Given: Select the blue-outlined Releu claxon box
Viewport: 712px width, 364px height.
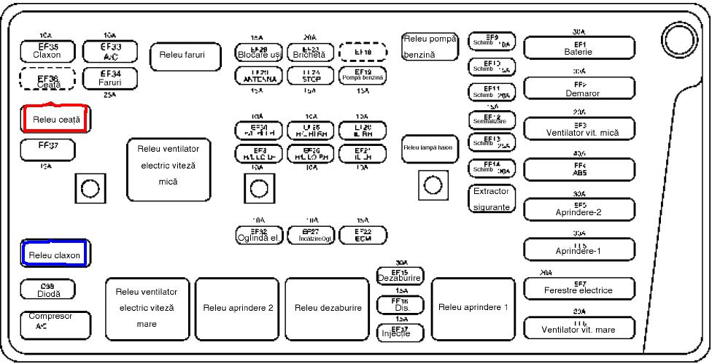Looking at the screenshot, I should coord(55,254).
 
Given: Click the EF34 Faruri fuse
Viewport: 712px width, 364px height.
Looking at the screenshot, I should coord(110,78).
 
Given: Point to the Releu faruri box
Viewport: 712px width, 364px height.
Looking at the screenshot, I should coord(185,56).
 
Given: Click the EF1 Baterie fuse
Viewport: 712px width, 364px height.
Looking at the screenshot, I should coord(579,48).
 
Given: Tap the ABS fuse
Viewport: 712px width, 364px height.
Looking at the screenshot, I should coord(579,170).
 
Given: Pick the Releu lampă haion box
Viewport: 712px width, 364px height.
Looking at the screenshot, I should coord(429,148).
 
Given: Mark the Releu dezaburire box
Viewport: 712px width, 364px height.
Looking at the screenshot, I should coord(328,308).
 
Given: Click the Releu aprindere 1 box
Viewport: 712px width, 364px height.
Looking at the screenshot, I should coord(473,307).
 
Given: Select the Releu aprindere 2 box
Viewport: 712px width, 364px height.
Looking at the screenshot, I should coord(238,308).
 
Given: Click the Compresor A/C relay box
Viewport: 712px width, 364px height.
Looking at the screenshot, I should coord(55,325).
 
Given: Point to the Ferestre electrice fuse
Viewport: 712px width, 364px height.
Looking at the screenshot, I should coord(579,288).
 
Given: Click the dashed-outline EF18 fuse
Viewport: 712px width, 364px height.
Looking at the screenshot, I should coord(363,53).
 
